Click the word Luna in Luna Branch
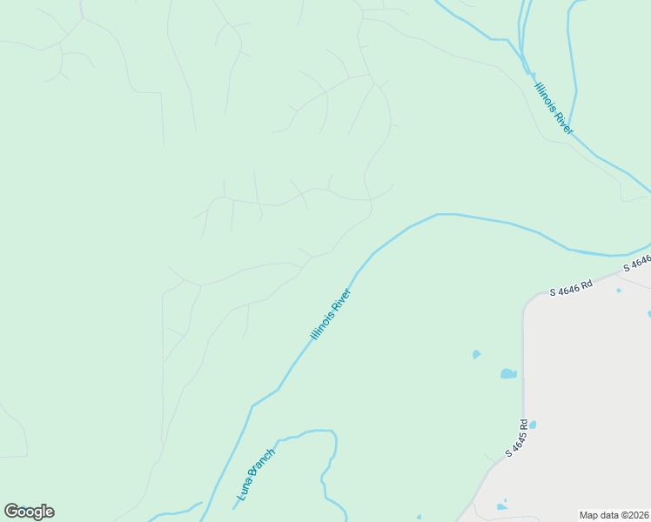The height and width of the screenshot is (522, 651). [244, 494]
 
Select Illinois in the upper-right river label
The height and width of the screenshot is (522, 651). [546, 94]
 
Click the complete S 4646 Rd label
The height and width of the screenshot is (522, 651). [571, 289]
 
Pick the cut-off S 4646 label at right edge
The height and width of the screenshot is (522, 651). [637, 261]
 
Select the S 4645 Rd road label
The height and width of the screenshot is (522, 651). [518, 439]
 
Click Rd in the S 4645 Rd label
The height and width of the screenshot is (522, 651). [524, 427]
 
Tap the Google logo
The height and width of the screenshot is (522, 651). [29, 512]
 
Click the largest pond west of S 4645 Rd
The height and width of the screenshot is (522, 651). [508, 374]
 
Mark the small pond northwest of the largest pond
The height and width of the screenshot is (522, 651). [476, 354]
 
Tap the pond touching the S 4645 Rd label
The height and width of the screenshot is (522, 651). [533, 425]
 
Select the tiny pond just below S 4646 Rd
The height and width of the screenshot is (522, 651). [619, 291]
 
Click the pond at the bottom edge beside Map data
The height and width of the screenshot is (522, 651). [502, 506]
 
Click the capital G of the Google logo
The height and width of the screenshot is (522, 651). [11, 512]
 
